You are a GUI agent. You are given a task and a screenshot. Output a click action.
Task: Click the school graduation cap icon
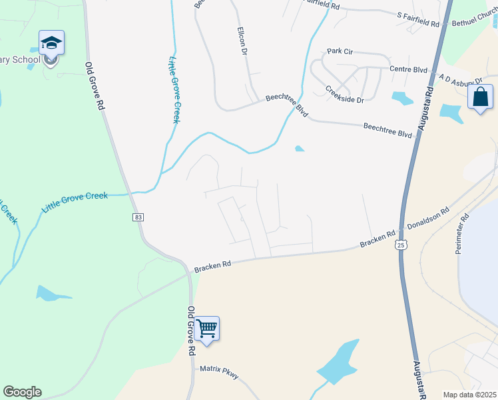51,44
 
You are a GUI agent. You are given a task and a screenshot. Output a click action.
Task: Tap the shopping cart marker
207,329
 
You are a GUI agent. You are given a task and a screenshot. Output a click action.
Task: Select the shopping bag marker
480,97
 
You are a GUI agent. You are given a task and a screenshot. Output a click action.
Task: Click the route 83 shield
138,217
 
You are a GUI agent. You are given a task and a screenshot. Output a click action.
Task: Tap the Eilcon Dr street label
243,41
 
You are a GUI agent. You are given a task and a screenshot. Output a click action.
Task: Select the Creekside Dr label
345,95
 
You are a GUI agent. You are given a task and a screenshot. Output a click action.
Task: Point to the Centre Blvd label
408,69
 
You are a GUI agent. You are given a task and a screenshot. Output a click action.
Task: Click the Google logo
22,392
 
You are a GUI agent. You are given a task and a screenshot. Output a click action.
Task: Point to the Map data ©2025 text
469,394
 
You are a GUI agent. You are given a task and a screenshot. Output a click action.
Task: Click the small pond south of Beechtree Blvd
300,149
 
